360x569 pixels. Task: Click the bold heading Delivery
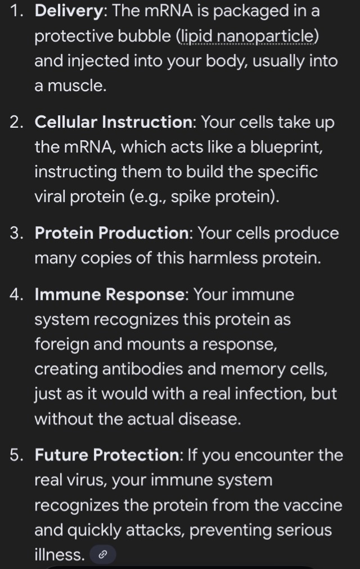point(69,11)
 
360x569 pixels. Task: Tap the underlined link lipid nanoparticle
point(247,36)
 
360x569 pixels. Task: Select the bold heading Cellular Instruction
point(114,122)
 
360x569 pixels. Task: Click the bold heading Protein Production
point(112,233)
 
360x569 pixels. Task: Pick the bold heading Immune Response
point(110,294)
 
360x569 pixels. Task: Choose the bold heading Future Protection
point(107,455)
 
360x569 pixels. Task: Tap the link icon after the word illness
point(102,554)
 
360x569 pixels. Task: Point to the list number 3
point(17,233)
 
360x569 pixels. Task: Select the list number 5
point(17,455)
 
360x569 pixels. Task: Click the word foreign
point(62,344)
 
